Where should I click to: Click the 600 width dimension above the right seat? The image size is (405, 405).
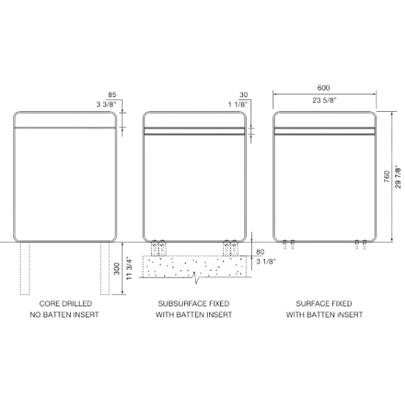[324, 86]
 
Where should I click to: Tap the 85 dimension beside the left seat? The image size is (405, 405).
[113, 94]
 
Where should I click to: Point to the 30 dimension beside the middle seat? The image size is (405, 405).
[244, 94]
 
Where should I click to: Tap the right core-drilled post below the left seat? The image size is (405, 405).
[102, 269]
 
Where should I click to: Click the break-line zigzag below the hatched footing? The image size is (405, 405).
[195, 281]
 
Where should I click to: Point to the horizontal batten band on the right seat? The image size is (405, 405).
[325, 130]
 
